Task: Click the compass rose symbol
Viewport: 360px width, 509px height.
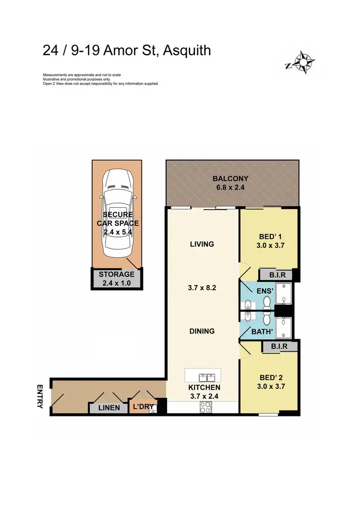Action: (303, 62)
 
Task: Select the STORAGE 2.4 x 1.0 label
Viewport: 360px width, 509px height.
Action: (117, 278)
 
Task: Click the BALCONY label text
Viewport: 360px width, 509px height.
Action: (230, 179)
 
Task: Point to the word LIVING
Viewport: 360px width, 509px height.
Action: (202, 244)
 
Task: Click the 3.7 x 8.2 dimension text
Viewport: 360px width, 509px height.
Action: (202, 288)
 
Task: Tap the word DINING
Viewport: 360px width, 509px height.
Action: (202, 331)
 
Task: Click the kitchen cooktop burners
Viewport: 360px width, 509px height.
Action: (206, 407)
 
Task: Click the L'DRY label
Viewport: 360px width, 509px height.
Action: (143, 407)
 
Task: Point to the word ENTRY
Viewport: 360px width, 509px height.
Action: (40, 396)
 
